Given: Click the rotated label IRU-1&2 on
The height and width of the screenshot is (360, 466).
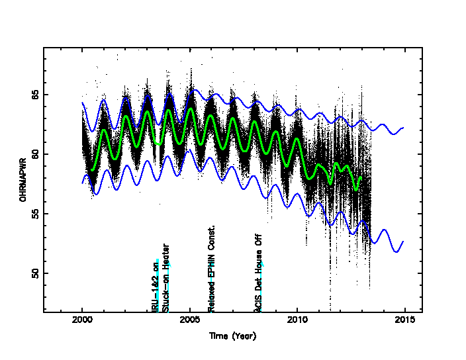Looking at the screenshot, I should [x=156, y=285].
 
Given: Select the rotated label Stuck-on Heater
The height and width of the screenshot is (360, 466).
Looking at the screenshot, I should [x=166, y=277].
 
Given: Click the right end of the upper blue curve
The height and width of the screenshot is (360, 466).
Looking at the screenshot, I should [x=403, y=128].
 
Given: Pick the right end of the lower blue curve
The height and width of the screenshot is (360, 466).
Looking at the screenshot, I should [x=403, y=242].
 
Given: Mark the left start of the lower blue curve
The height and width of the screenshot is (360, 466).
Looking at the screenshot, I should [x=82, y=183].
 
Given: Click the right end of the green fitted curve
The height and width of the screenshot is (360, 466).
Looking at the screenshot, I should [x=361, y=177].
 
